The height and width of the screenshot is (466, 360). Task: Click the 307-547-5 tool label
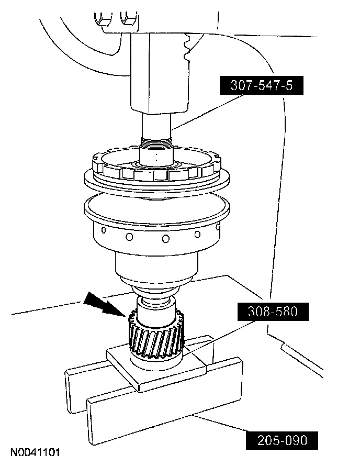click(262, 85)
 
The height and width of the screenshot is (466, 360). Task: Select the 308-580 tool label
click(273, 312)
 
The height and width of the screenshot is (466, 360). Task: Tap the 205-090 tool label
click(282, 440)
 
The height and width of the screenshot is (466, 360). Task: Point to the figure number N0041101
click(36, 452)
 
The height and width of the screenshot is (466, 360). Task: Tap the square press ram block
click(159, 73)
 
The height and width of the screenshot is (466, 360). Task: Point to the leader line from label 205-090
click(220, 423)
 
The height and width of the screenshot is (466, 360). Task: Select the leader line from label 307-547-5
click(208, 112)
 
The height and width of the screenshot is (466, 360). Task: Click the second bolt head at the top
click(128, 18)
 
